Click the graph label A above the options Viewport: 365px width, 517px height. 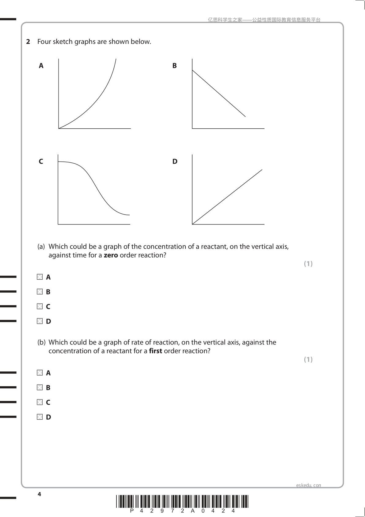click(x=41, y=66)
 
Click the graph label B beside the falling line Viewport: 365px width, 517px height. click(x=175, y=66)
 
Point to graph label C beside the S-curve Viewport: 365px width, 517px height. click(x=41, y=161)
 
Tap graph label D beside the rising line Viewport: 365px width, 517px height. click(x=175, y=161)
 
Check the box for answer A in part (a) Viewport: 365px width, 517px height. click(x=40, y=277)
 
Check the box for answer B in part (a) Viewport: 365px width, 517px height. click(x=40, y=292)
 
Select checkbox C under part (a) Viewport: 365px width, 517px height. click(x=40, y=306)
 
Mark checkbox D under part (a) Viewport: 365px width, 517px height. click(x=40, y=321)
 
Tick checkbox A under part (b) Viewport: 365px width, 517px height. click(x=40, y=373)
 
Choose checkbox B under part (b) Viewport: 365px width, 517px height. click(x=40, y=387)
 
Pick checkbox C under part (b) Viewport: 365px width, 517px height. click(x=40, y=402)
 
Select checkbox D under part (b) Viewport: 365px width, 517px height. click(x=40, y=417)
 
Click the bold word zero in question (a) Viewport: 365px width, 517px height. click(x=111, y=255)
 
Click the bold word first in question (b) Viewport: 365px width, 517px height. click(x=155, y=351)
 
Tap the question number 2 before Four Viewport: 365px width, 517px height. click(x=28, y=42)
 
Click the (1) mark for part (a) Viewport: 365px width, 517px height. click(x=308, y=264)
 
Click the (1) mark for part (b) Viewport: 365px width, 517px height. click(x=308, y=360)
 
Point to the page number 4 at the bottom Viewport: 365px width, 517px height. click(x=39, y=494)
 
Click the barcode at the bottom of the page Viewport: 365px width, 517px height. click(x=182, y=501)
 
